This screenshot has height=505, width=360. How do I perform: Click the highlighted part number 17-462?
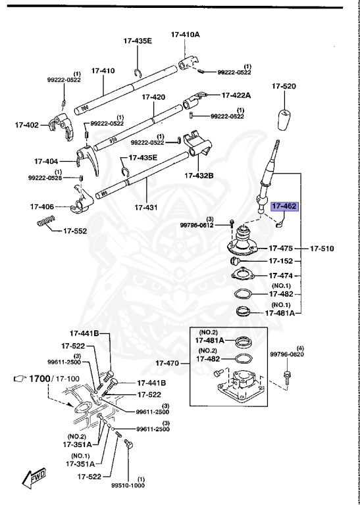pyautogui.click(x=286, y=206)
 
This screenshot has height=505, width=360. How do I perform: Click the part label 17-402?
pyautogui.click(x=28, y=124)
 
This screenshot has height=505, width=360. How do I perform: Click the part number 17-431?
pyautogui.click(x=146, y=207)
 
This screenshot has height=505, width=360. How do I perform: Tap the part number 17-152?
pyautogui.click(x=282, y=261)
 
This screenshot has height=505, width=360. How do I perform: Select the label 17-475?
pyautogui.click(x=282, y=249)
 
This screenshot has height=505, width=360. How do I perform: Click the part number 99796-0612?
pyautogui.click(x=197, y=225)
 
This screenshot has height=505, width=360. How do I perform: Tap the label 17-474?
pyautogui.click(x=282, y=276)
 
